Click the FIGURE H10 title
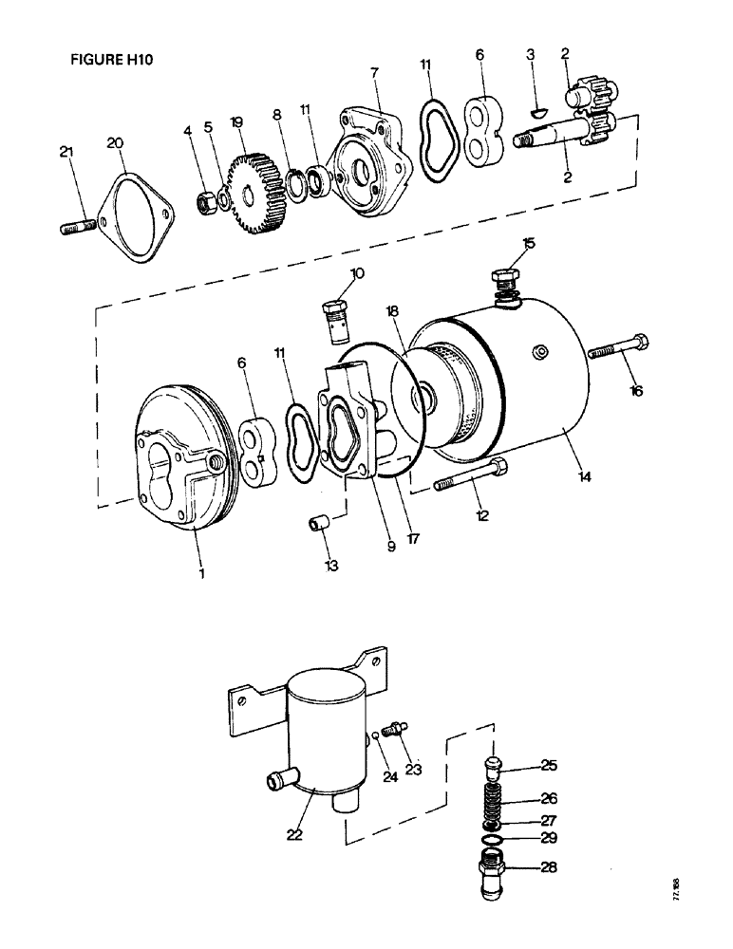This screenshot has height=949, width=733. tap(111, 58)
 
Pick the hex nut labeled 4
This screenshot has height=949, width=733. tap(203, 201)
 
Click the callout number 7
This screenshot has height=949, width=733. tap(375, 73)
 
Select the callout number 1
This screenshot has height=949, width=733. tap(200, 572)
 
